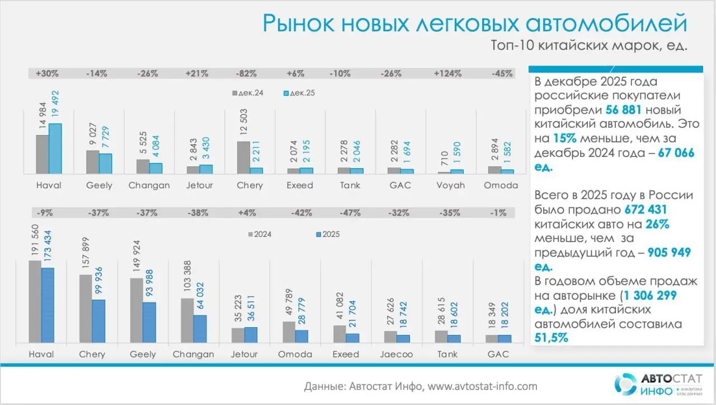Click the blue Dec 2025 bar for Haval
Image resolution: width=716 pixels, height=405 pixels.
[55, 148]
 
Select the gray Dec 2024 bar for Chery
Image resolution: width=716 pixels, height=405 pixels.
[243, 157]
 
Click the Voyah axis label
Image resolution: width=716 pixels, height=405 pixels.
[451, 185]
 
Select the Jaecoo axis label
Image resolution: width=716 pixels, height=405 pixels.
[397, 354]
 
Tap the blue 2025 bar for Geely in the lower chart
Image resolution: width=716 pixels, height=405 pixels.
[149, 323]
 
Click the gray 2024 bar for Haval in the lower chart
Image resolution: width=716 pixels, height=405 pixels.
[35, 301]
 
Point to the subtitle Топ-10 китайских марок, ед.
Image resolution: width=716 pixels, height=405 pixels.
[588, 46]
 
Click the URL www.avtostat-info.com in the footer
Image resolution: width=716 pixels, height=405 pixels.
[483, 386]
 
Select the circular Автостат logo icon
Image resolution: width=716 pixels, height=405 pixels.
[624, 384]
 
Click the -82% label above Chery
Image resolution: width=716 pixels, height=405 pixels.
[246, 73]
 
